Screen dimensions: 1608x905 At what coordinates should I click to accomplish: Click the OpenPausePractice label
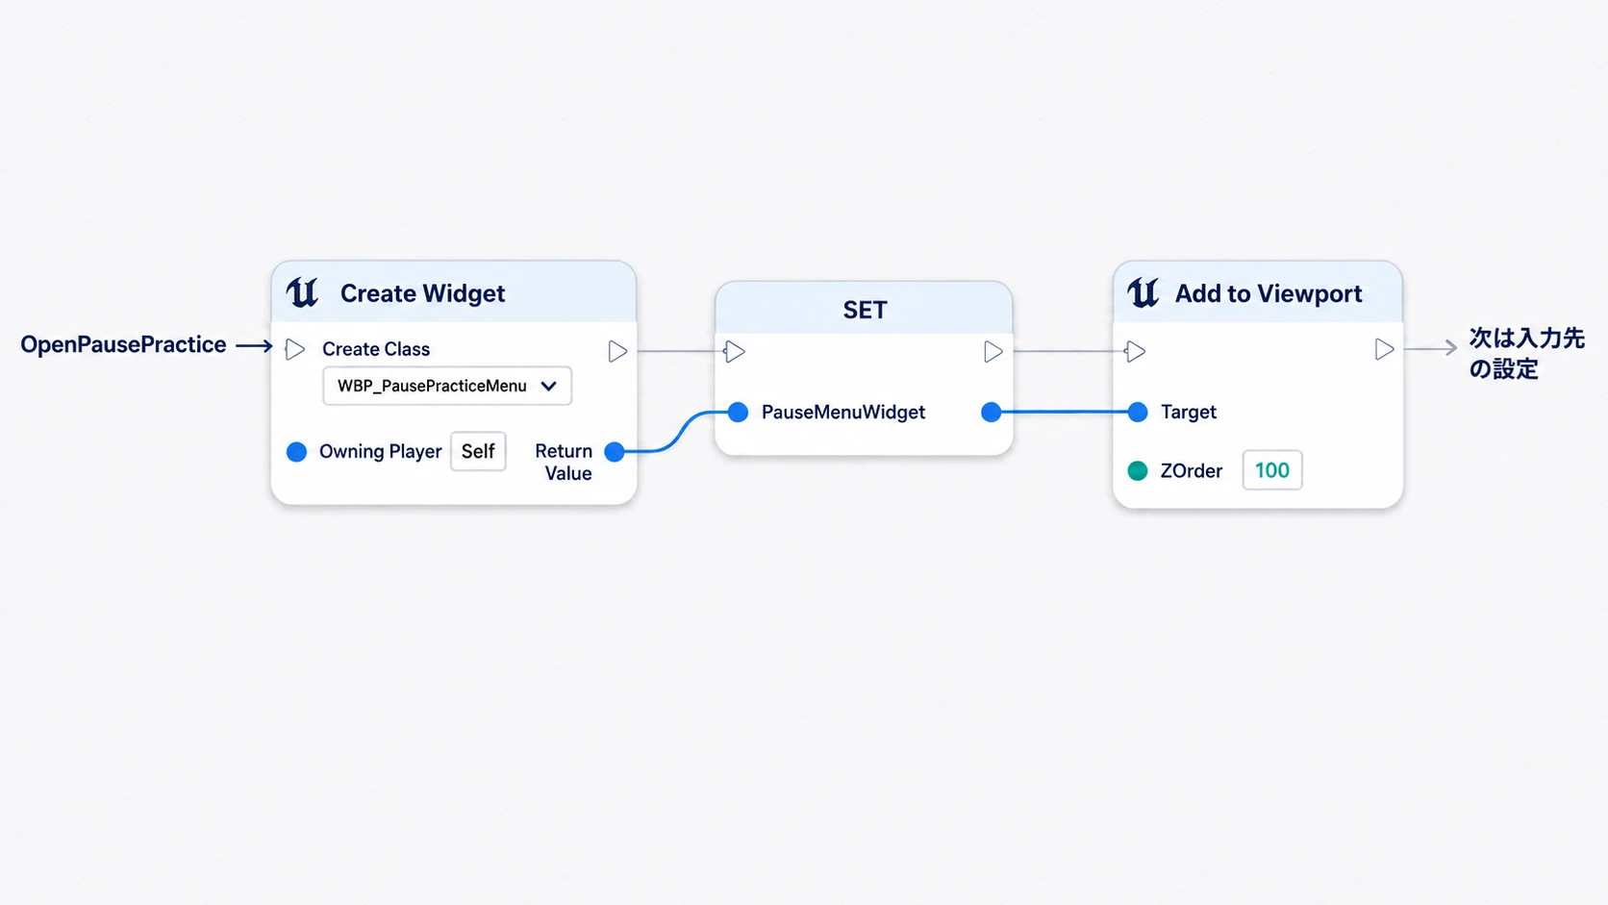123,344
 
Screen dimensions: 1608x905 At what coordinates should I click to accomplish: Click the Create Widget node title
422,292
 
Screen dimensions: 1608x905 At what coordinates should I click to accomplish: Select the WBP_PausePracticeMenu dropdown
447,386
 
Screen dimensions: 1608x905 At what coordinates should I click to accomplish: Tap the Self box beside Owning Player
478,451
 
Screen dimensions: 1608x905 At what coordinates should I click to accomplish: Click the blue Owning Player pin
296,451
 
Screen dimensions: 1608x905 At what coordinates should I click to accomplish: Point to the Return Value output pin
615,451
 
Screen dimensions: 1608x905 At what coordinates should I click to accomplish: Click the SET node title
865,310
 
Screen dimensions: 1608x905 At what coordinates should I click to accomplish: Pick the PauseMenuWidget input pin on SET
738,412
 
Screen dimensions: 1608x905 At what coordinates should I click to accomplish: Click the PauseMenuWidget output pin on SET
992,412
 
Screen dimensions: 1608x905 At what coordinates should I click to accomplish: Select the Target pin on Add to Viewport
1138,412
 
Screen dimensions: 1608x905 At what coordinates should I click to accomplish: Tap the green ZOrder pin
1138,471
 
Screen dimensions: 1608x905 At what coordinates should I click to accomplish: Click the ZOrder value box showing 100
1272,470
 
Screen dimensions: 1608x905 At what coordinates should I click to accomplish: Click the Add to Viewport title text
1269,292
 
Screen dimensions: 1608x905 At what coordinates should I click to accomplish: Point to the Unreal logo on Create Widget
302,292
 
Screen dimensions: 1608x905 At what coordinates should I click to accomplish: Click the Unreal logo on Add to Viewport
1143,292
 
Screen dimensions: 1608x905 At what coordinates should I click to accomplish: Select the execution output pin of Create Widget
617,351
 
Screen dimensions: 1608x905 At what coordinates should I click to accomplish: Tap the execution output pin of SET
992,352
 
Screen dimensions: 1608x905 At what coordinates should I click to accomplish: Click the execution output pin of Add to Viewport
1384,349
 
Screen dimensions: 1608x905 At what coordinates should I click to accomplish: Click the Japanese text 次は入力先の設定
1526,354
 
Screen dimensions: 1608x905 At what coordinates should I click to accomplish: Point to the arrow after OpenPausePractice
254,346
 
